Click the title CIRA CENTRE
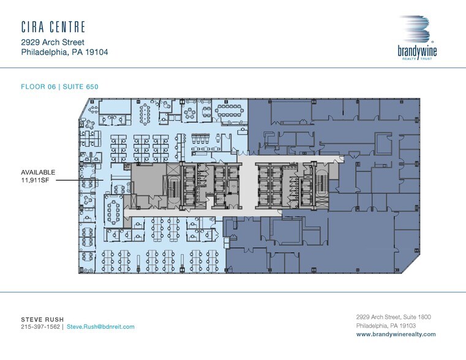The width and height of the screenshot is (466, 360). click(53, 27)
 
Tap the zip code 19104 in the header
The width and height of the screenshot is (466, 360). click(96, 52)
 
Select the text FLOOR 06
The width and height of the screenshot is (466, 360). click(37, 86)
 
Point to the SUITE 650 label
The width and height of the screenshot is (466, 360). click(79, 86)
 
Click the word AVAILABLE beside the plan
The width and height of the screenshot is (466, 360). click(39, 173)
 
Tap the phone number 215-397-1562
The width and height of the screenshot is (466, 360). click(40, 327)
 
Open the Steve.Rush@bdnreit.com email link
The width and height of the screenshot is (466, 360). click(100, 327)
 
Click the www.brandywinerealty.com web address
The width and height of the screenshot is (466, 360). click(396, 334)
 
